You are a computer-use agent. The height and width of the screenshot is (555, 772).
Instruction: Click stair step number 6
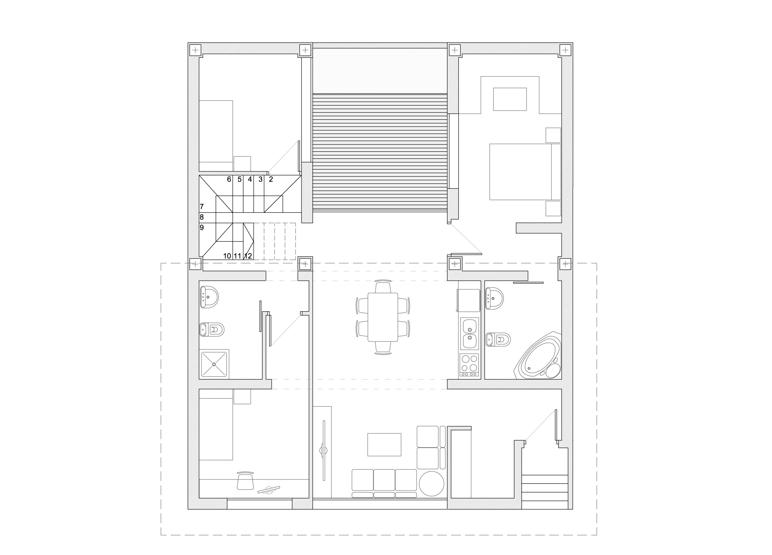229,179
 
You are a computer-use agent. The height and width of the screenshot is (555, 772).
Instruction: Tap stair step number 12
248,256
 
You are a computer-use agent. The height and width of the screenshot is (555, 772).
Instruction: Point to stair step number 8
202,217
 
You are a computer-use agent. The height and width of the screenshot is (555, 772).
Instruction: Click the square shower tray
214,364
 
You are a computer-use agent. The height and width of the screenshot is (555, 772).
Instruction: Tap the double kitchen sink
469,333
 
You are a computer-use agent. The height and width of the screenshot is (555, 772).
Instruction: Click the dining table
383,317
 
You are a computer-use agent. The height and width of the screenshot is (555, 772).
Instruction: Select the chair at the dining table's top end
383,286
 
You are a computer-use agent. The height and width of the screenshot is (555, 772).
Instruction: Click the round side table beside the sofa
431,483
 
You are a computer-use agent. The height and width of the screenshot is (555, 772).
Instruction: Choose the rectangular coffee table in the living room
384,445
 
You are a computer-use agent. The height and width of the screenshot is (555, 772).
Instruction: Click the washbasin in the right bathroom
494,298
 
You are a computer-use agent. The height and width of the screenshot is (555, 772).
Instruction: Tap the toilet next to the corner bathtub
498,339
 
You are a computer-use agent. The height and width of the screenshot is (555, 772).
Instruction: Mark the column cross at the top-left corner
195,50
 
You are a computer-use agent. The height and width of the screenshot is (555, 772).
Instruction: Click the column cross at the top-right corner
566,50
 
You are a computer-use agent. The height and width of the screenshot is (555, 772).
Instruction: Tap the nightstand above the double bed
553,135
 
